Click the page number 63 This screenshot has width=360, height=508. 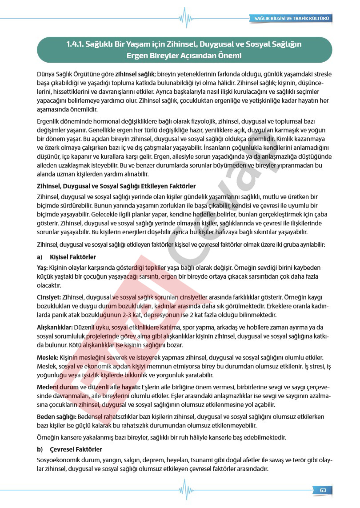pyautogui.click(x=323, y=490)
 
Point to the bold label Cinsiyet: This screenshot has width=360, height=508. pyautogui.click(x=49, y=297)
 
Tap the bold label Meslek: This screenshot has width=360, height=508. pyautogui.click(x=48, y=357)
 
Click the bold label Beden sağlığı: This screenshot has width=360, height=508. pyautogui.click(x=56, y=416)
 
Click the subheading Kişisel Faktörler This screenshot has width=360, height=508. pyautogui.click(x=73, y=257)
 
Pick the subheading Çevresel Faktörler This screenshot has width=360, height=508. pyautogui.click(x=76, y=449)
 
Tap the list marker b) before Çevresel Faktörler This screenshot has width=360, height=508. pyautogui.click(x=40, y=449)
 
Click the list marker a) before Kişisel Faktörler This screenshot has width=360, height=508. pyautogui.click(x=40, y=257)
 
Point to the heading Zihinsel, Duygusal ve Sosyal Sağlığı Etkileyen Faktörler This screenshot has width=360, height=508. pyautogui.click(x=116, y=186)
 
